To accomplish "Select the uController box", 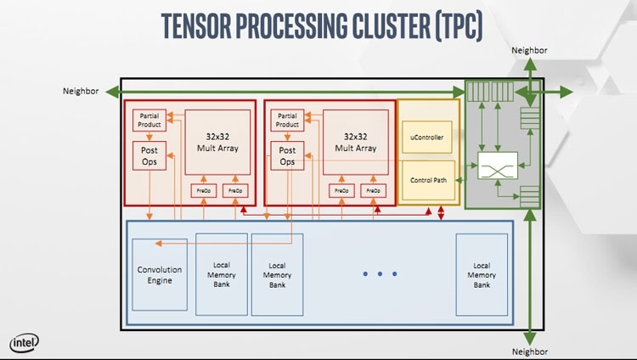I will tap(427, 137).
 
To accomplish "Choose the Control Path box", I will tap(427, 180).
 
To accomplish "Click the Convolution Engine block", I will tap(160, 274).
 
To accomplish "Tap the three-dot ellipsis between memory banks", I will tap(380, 274).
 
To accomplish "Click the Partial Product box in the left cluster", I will tap(149, 121).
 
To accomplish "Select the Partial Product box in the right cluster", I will tap(289, 121).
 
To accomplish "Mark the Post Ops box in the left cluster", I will tap(149, 156).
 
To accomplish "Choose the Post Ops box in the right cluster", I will tap(289, 156).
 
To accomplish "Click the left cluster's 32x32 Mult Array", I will tap(217, 142).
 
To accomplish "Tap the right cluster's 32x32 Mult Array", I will tap(355, 142).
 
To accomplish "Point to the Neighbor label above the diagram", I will tap(529, 51).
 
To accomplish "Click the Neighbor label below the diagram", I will tap(529, 351).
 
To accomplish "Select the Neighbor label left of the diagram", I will tap(81, 90).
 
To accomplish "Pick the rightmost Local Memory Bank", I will tap(482, 274).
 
